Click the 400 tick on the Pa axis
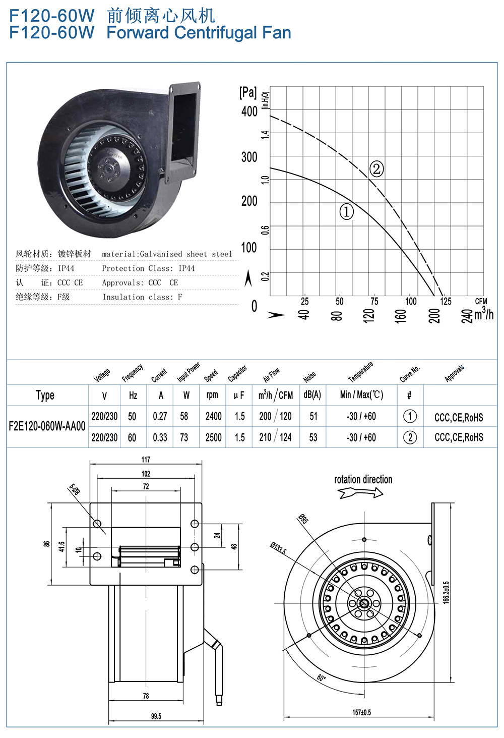(249, 111)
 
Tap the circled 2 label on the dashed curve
(376, 168)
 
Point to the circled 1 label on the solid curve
(346, 211)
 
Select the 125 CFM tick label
(446, 301)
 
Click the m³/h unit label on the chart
(483, 314)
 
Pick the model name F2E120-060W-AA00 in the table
(47, 426)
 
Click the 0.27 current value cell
(160, 416)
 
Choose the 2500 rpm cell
(213, 437)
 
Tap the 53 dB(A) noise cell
(313, 437)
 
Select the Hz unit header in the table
(133, 395)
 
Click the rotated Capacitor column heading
(237, 373)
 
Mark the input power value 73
(184, 437)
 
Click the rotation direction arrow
(361, 493)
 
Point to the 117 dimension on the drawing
(146, 460)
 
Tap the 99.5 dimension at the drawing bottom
(156, 716)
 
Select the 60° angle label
(321, 678)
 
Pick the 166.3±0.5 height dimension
(446, 592)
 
